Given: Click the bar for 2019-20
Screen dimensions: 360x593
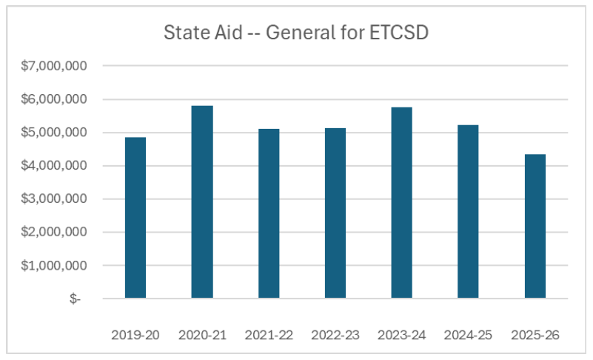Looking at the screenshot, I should pyautogui.click(x=135, y=218).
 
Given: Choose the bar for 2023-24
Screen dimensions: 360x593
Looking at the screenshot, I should pyautogui.click(x=402, y=203).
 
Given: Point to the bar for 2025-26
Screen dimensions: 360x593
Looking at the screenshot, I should pyautogui.click(x=535, y=227).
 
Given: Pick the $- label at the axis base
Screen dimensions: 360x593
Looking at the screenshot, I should pyautogui.click(x=76, y=299).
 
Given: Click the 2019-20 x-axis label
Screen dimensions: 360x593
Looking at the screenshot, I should pyautogui.click(x=135, y=335).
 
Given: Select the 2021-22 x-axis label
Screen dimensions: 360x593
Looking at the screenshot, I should pyautogui.click(x=269, y=335).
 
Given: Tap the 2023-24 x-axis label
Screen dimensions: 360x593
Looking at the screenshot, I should pyautogui.click(x=402, y=335).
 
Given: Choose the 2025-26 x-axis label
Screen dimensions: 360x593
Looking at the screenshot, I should pyautogui.click(x=535, y=335).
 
